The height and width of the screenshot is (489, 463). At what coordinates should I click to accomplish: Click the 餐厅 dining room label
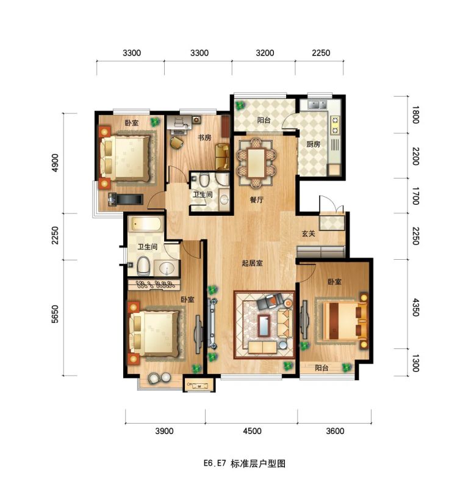(x=257, y=200)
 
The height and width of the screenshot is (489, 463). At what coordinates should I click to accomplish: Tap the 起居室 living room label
(x=253, y=263)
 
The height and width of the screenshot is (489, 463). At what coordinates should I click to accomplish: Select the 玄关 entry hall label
(x=308, y=233)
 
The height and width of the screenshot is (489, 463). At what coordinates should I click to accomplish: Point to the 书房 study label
(x=204, y=137)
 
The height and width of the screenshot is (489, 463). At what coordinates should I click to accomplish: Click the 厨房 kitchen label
(x=314, y=144)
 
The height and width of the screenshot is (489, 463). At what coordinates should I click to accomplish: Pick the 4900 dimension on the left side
(x=55, y=163)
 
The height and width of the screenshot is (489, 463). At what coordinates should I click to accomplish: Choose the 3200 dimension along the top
(x=265, y=53)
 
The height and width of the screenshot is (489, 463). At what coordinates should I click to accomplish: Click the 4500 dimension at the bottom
(x=252, y=431)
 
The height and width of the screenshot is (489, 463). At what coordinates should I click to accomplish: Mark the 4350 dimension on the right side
(x=415, y=307)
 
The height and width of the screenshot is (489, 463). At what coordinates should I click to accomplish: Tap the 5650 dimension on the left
(x=55, y=314)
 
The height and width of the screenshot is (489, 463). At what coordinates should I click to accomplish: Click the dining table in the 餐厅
(x=256, y=163)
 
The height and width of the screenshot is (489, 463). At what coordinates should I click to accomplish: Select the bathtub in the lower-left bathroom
(x=146, y=224)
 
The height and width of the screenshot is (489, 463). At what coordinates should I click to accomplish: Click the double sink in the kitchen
(x=317, y=105)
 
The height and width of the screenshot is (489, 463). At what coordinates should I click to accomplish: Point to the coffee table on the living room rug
(x=264, y=326)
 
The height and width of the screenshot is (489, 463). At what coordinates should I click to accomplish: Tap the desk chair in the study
(x=176, y=142)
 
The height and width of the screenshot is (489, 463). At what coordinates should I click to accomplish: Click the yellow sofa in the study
(x=222, y=156)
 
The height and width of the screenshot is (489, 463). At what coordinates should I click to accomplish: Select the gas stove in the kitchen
(x=335, y=125)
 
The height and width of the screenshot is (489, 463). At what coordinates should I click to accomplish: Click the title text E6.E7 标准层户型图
(x=244, y=463)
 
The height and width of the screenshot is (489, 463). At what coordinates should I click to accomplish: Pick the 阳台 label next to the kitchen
(x=264, y=120)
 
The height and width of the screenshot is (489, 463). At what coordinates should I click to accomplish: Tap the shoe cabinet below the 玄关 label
(x=320, y=251)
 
